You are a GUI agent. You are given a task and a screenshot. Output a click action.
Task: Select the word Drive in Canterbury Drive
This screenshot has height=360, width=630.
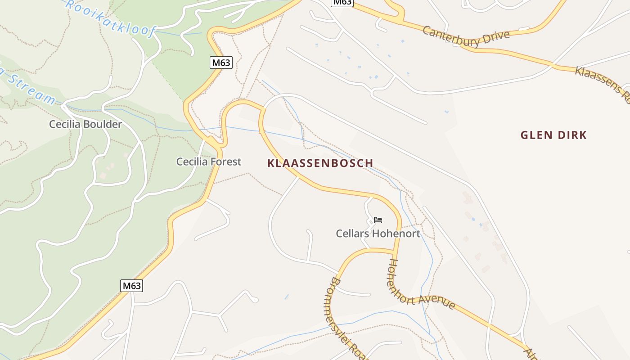tap(495, 37)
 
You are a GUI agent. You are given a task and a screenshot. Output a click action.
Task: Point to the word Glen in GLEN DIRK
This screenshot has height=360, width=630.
tap(535, 135)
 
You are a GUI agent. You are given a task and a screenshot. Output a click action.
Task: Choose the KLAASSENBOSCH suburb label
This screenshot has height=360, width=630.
tap(320, 163)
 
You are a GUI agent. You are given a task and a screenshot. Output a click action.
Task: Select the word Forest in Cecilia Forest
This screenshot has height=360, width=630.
tap(225, 162)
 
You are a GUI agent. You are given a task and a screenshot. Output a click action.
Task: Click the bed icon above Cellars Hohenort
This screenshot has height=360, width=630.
tap(378, 220)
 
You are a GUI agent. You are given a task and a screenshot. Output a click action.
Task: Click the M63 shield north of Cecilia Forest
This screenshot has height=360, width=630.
tap(221, 63)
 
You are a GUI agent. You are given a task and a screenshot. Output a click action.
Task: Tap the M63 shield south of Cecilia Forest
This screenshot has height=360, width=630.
tap(132, 285)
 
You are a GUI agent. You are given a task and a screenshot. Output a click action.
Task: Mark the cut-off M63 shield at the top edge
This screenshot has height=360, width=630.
tap(342, 2)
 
